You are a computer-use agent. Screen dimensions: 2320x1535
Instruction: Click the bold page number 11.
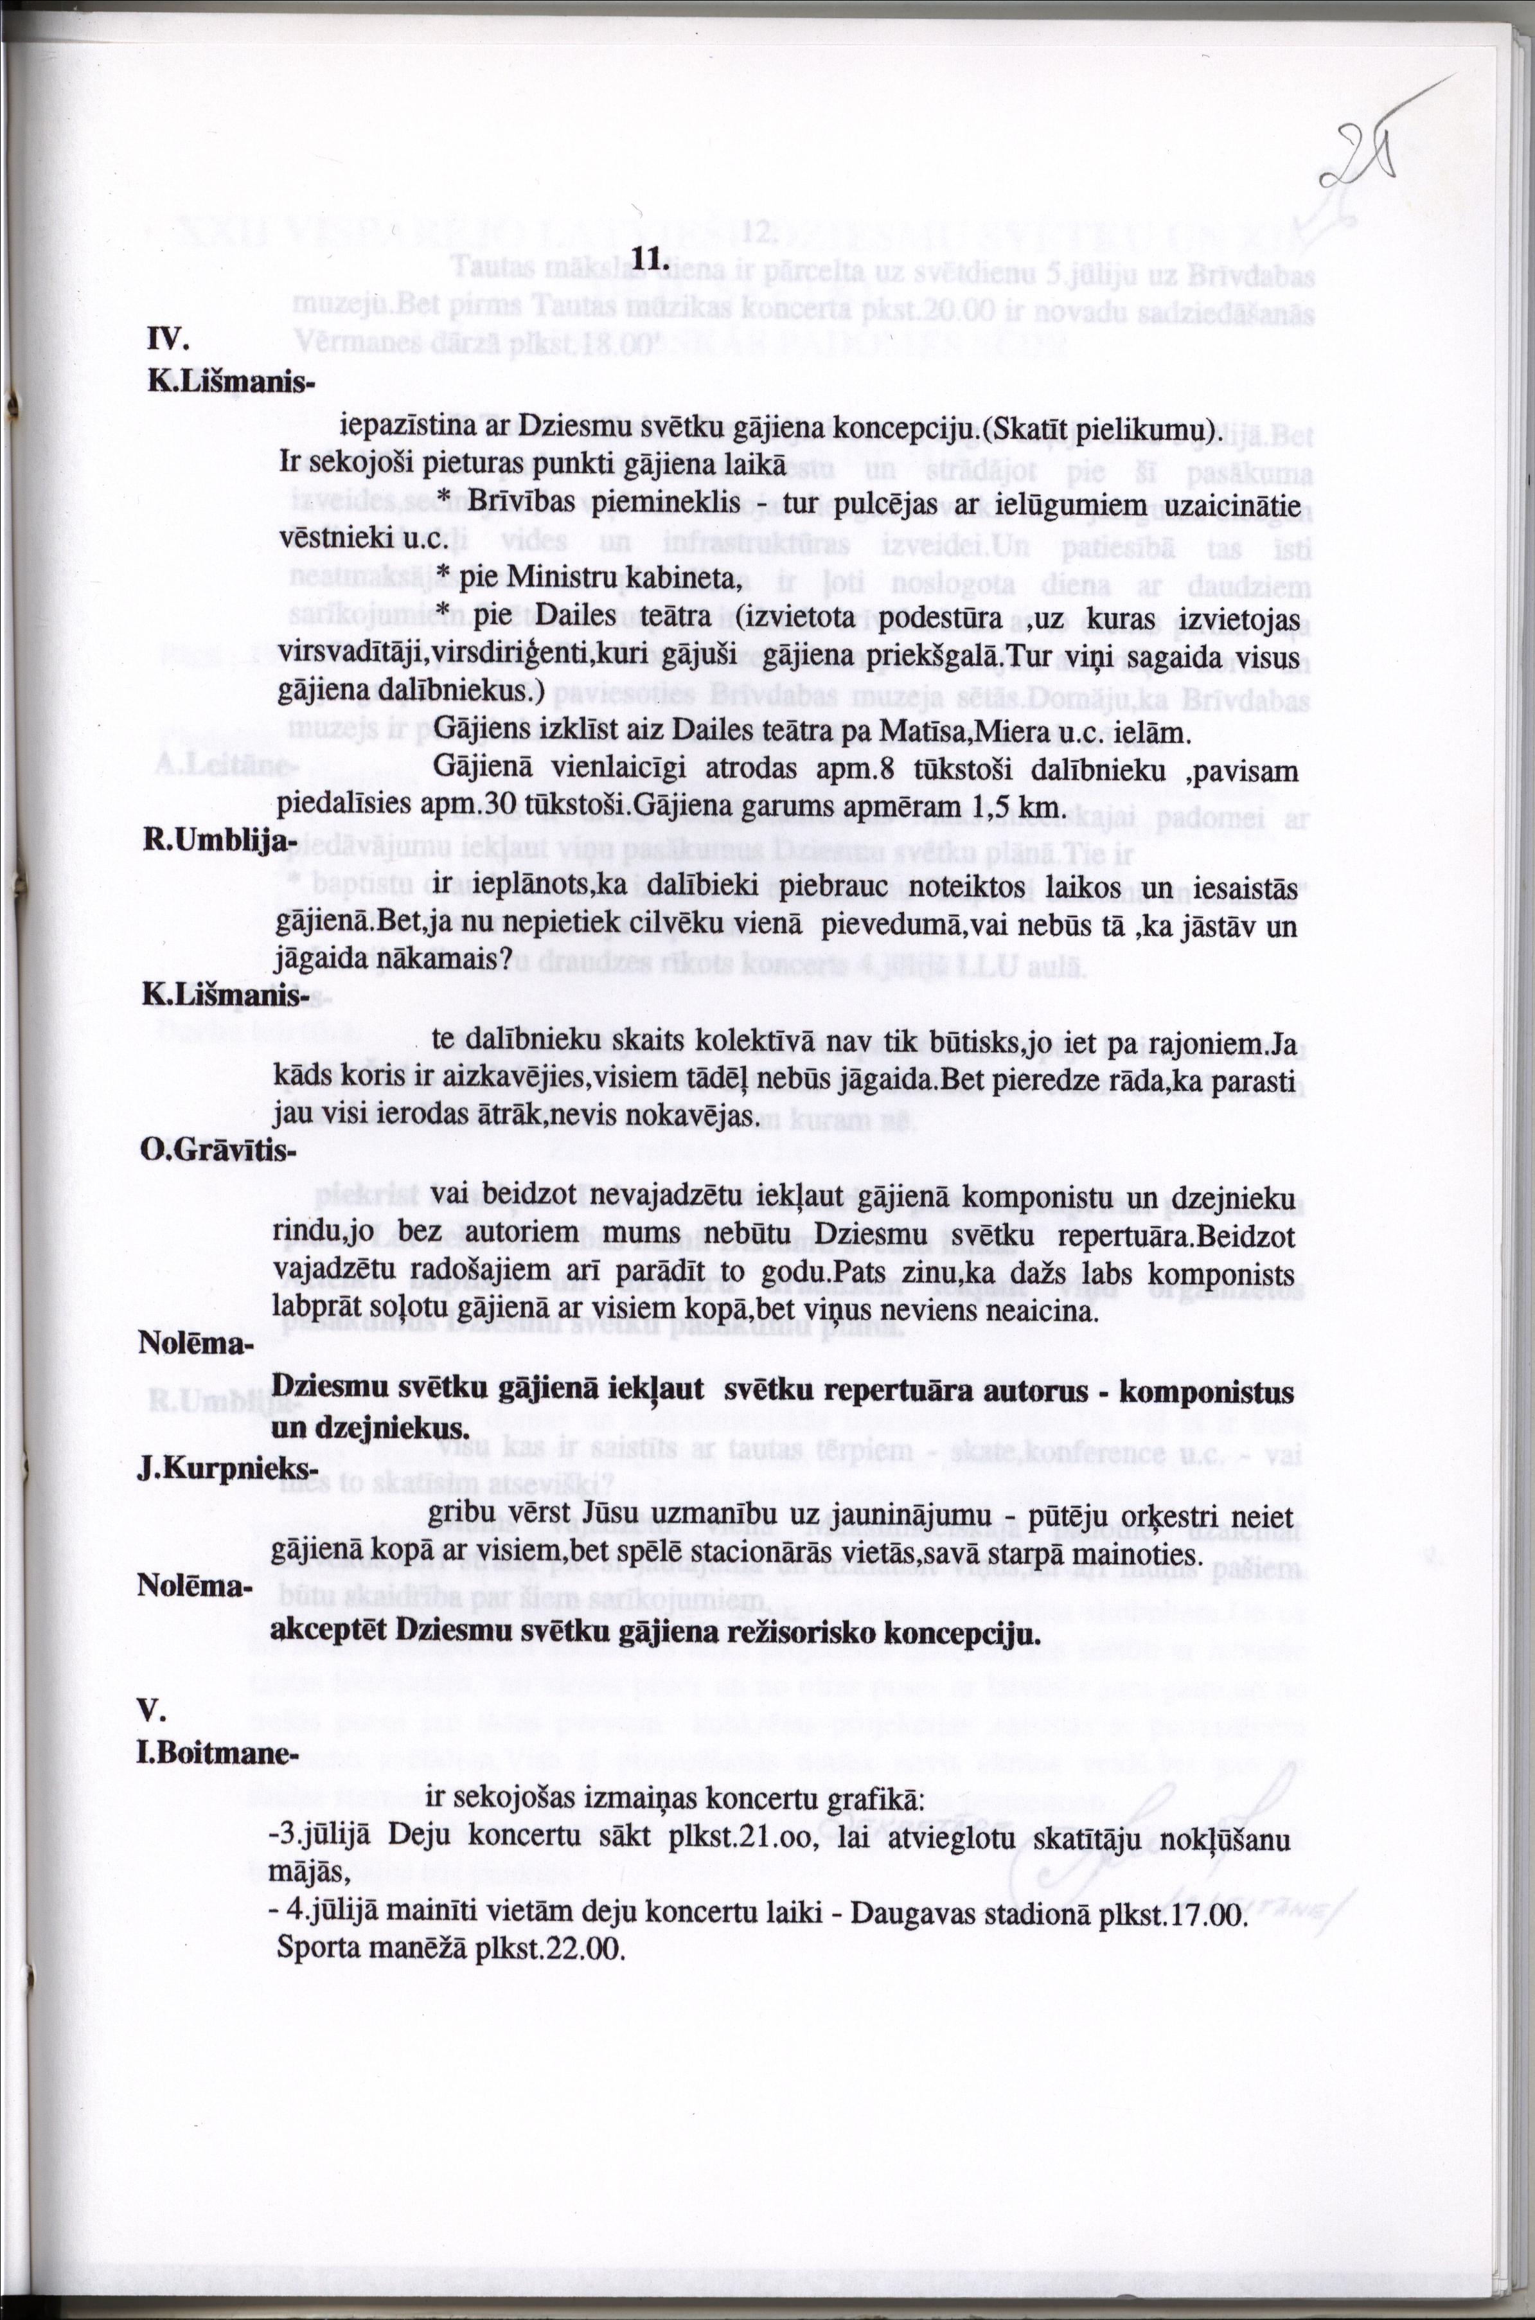(651, 260)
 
